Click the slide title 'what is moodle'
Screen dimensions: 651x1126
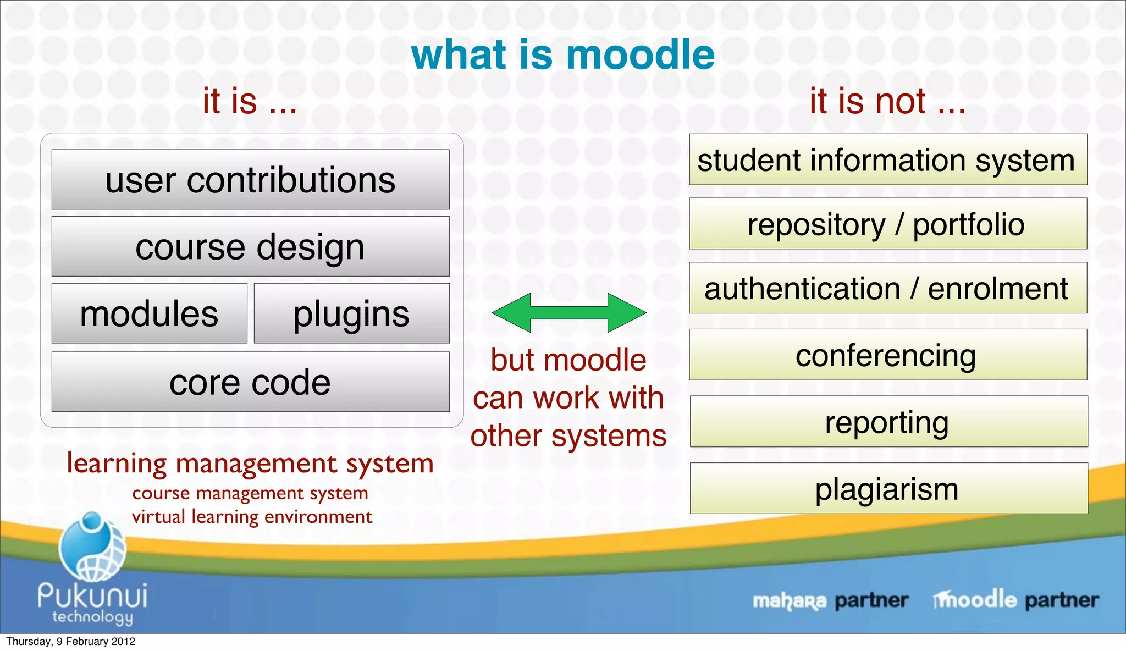562,55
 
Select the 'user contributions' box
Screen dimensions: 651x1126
250,180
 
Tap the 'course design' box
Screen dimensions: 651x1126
250,246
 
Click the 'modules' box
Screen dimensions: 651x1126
149,313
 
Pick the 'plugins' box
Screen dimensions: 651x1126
351,313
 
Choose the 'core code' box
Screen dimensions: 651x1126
250,382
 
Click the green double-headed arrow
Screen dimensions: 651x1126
568,312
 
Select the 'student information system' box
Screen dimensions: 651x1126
888,159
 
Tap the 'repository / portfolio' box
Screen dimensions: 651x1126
888,224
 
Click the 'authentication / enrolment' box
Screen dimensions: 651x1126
888,288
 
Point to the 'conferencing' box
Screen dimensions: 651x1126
888,355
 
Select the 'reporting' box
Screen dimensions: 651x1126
888,422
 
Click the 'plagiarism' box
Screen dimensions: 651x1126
888,488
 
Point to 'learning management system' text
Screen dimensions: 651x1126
250,463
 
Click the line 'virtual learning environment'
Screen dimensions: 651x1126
252,517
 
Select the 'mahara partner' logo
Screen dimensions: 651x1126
830,600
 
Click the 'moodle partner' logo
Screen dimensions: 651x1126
1016,599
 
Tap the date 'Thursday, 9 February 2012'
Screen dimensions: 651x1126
70,642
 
